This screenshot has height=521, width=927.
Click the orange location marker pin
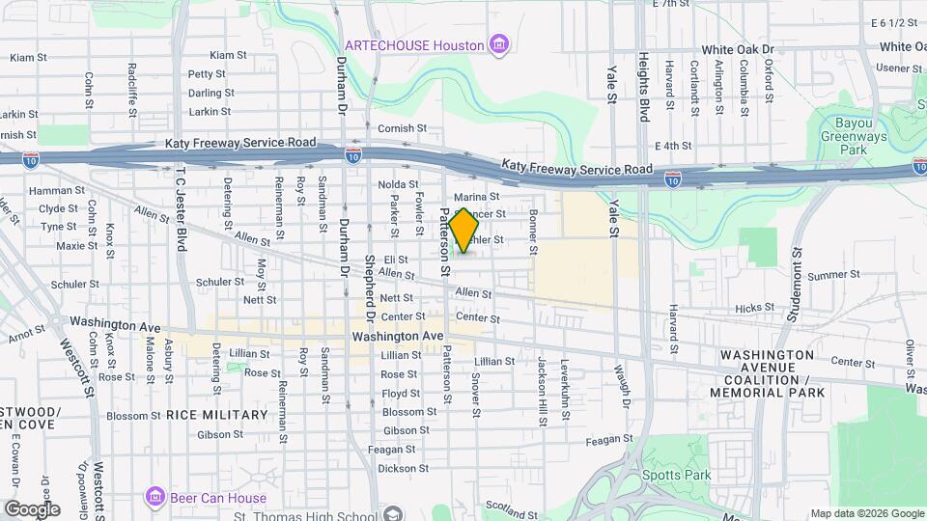[464, 230]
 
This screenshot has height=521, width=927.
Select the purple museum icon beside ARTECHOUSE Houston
[498, 43]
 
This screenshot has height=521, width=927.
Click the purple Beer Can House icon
[154, 497]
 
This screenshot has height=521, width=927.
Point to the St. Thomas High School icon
[392, 514]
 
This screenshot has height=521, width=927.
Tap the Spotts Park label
[677, 475]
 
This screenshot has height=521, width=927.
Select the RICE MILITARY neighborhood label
[216, 415]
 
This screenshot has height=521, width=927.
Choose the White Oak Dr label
[739, 49]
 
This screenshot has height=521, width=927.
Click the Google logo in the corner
[32, 508]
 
